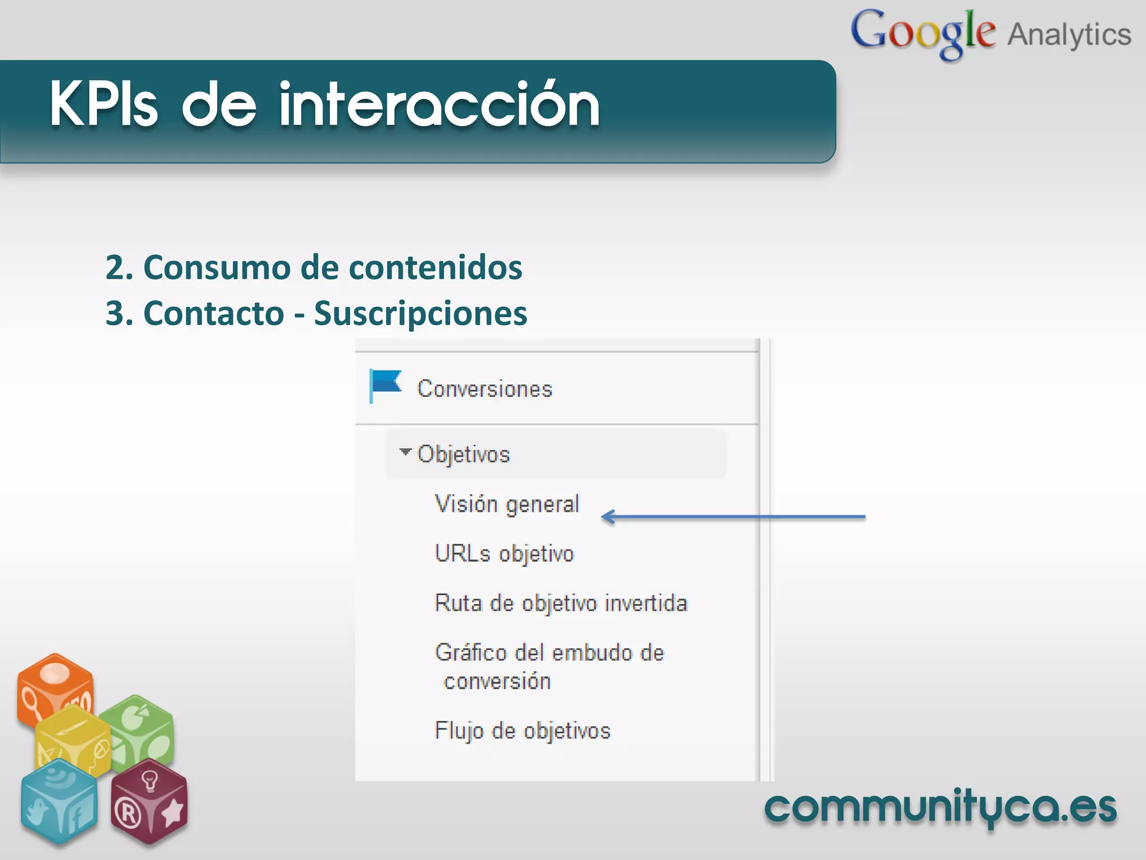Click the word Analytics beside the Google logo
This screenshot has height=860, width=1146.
[x=1069, y=35]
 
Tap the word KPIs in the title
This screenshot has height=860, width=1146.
[x=104, y=105]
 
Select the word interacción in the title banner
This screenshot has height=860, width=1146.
[x=439, y=105]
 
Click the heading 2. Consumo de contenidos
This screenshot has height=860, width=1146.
[x=313, y=267]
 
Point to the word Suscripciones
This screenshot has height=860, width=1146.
[x=420, y=313]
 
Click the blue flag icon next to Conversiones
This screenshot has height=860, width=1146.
[x=386, y=385]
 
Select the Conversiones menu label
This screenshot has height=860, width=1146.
[x=485, y=389]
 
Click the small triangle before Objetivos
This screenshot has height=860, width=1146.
[x=405, y=451]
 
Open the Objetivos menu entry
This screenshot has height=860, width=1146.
[x=463, y=454]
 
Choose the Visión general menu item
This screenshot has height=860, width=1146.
[x=506, y=504]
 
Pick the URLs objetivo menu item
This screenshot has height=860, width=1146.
[x=504, y=554]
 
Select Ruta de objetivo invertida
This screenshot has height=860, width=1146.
[x=561, y=603]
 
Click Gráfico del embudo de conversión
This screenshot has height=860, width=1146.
[x=549, y=666]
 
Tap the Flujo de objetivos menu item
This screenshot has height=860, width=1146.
[x=522, y=731]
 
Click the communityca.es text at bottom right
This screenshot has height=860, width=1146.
[x=940, y=807]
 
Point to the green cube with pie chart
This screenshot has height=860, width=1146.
[x=140, y=728]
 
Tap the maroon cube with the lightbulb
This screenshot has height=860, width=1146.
[x=149, y=801]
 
